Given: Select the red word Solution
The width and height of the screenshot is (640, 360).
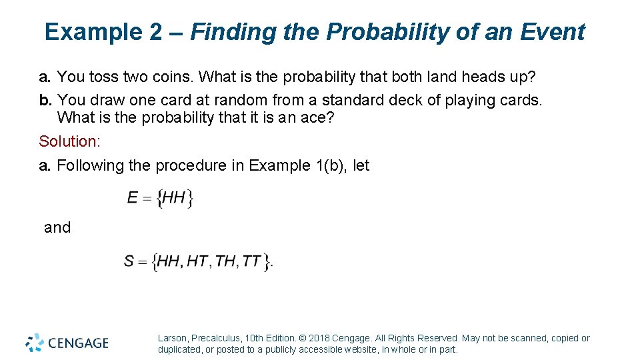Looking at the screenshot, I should pos(69,141).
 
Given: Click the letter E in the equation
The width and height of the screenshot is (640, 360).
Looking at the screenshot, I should pos(132,197).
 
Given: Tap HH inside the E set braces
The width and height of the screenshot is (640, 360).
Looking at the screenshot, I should pos(173,197).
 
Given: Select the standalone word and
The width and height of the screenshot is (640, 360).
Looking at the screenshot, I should pos(57,227).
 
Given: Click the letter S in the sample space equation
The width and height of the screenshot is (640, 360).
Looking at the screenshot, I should pos(129,261).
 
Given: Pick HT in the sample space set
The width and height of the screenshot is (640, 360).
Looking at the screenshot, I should pos(197,261).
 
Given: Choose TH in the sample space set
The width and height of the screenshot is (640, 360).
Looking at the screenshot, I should pos(226,261).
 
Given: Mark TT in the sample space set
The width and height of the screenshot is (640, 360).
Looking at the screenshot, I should pos(252,261).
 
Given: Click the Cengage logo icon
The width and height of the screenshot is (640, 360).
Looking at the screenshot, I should pos(35,342).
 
